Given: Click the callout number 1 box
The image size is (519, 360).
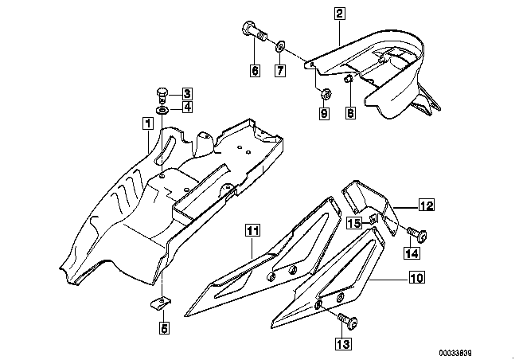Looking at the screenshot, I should (x=146, y=123).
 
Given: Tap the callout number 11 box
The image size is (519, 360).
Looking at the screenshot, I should (x=253, y=231).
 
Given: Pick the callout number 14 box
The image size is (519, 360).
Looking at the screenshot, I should (x=412, y=253).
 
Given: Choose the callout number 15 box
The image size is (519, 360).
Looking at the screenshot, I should (x=353, y=223).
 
